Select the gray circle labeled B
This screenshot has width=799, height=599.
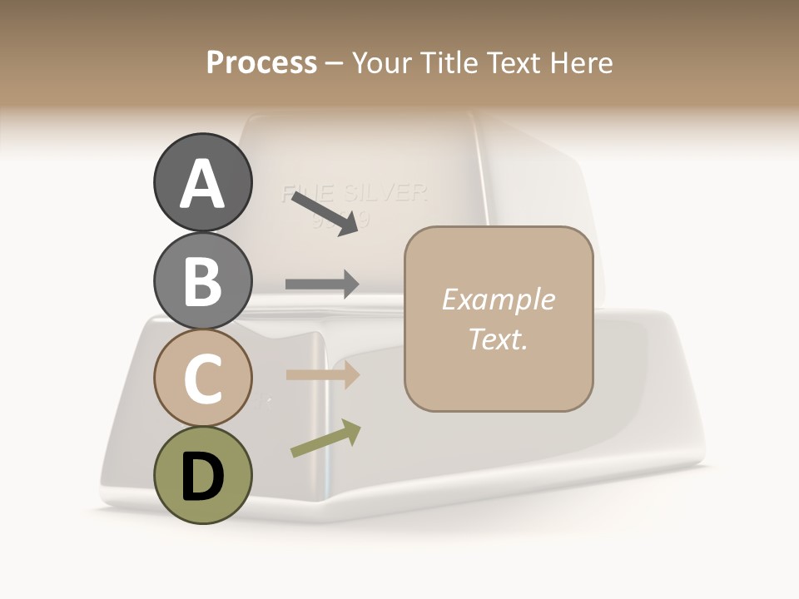click(x=202, y=280)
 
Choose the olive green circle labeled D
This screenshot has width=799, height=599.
click(x=202, y=476)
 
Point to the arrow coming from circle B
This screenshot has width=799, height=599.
click(x=322, y=284)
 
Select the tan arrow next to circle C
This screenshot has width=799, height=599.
click(x=322, y=374)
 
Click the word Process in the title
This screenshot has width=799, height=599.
click(x=261, y=62)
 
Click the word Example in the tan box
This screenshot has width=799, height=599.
click(x=498, y=299)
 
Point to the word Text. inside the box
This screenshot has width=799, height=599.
click(x=498, y=339)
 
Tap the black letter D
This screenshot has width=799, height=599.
click(x=202, y=478)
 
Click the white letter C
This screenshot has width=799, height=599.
click(x=202, y=379)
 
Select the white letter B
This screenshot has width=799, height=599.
click(x=202, y=281)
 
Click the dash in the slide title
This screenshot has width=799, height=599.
click(x=335, y=63)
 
